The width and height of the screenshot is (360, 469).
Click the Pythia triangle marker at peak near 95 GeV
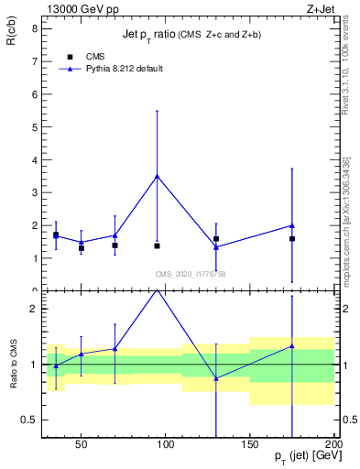[x=158, y=176]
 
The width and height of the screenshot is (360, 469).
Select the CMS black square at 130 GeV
[x=216, y=238]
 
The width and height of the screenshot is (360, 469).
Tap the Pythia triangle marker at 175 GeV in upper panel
[x=291, y=225]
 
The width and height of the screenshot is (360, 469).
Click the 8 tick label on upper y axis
[x=35, y=28]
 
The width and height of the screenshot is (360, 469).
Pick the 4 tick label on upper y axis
[x=35, y=159]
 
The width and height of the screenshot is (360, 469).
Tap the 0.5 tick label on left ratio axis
[x=30, y=420]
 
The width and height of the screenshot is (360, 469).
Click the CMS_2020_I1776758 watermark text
[x=190, y=274]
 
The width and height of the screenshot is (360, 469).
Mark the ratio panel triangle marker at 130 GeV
[x=216, y=378]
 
